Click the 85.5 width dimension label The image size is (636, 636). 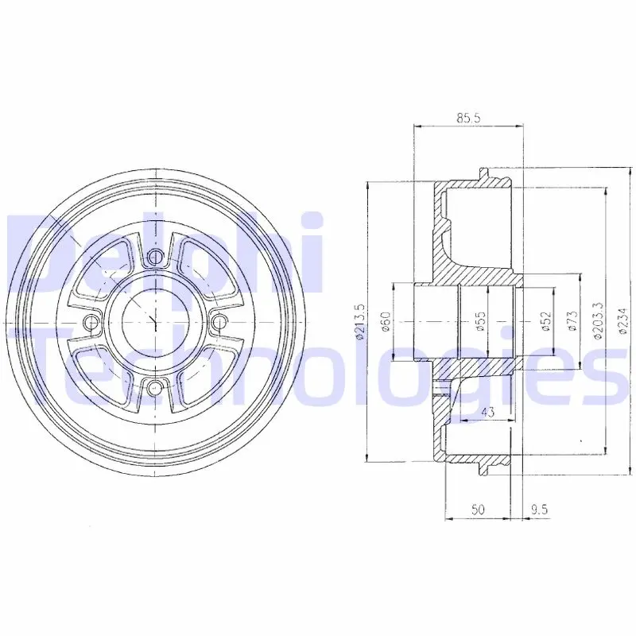coord(468,118)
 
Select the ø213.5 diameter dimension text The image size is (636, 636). coord(360,322)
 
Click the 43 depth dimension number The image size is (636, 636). coord(489,412)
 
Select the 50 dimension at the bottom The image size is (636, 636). coord(478,510)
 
